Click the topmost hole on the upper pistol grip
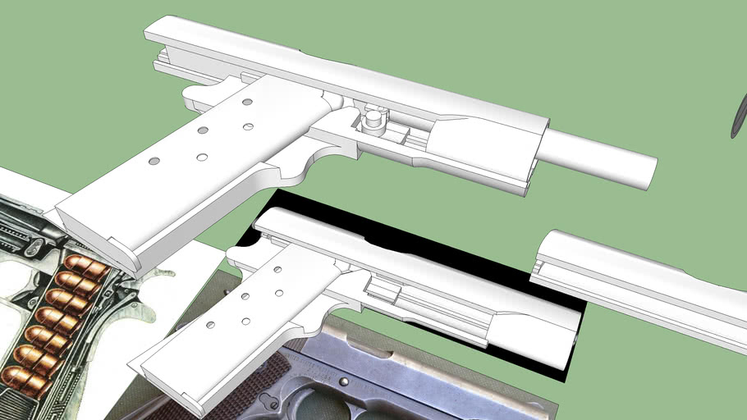click(x=246, y=103)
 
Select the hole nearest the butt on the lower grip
click(x=210, y=326)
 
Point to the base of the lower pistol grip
click(x=172, y=385)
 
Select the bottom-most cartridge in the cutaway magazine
click(x=21, y=377)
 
